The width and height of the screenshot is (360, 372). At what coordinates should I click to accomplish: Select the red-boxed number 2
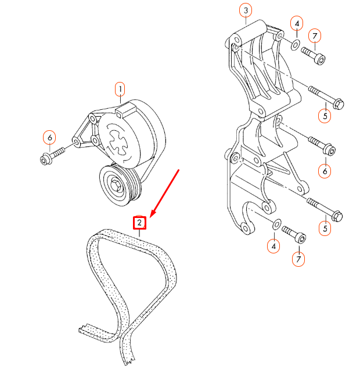140,223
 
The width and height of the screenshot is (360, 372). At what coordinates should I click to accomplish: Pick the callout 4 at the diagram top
297,24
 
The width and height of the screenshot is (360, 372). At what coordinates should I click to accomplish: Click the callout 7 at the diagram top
314,37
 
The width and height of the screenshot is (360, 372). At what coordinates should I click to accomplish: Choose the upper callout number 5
325,116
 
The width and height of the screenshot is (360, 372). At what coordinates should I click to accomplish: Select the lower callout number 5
325,228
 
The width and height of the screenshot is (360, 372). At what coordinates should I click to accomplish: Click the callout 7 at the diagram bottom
298,259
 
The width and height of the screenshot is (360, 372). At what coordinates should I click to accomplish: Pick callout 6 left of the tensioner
49,138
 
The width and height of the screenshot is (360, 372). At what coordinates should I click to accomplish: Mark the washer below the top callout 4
295,44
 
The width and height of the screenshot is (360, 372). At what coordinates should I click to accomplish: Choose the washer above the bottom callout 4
276,224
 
